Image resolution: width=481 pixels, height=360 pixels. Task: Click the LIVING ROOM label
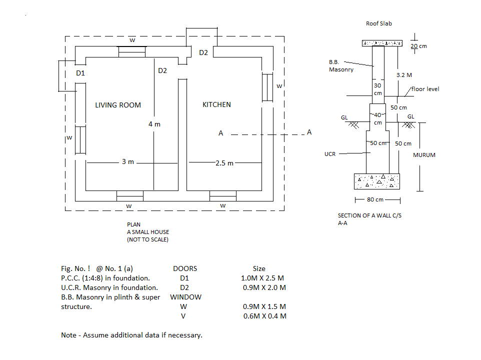point(118,105)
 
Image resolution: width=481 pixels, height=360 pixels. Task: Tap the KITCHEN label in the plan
point(216,104)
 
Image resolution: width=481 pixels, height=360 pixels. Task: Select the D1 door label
point(80,73)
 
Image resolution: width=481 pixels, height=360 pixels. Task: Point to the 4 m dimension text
point(154,124)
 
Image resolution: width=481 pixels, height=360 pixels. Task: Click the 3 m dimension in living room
point(128,161)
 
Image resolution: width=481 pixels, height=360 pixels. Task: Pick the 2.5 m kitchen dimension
point(224,163)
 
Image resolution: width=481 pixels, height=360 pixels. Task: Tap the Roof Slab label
point(379,23)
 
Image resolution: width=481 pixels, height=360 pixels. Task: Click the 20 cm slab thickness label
point(418,46)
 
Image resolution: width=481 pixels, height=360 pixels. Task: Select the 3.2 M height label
point(404,75)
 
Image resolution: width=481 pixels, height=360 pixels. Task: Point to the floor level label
point(425,89)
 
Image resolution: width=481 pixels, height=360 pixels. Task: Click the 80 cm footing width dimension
point(375,199)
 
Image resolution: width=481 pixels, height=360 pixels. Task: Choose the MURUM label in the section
point(424,155)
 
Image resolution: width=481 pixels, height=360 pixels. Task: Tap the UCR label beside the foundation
point(330,154)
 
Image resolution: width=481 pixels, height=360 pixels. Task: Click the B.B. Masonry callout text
point(341,66)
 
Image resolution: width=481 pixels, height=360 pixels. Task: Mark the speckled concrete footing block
point(377,181)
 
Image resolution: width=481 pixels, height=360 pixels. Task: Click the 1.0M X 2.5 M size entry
point(262,278)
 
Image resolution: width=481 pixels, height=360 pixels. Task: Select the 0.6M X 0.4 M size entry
point(264,316)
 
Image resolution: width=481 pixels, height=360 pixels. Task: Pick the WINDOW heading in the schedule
point(185,297)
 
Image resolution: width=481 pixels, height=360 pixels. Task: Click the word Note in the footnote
point(68,335)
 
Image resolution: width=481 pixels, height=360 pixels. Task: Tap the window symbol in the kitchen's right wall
point(267,87)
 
